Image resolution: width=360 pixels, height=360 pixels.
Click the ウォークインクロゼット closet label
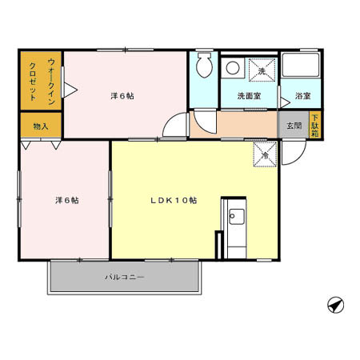pyautogui.click(x=41, y=81)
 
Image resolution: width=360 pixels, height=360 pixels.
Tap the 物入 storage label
pyautogui.click(x=41, y=126)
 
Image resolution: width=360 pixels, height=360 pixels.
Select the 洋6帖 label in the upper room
pyautogui.click(x=122, y=96)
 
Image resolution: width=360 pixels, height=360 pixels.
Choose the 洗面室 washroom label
pyautogui.click(x=247, y=97)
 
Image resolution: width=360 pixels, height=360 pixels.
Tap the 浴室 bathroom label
pyautogui.click(x=302, y=97)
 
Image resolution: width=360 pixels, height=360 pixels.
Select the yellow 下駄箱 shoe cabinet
pyautogui.click(x=314, y=126)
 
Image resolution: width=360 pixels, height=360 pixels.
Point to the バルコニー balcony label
pyautogui.click(x=123, y=277)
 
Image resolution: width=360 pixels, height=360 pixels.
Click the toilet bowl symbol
pyautogui.click(x=204, y=66)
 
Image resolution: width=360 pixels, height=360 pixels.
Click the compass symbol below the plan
pyautogui.click(x=336, y=304)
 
